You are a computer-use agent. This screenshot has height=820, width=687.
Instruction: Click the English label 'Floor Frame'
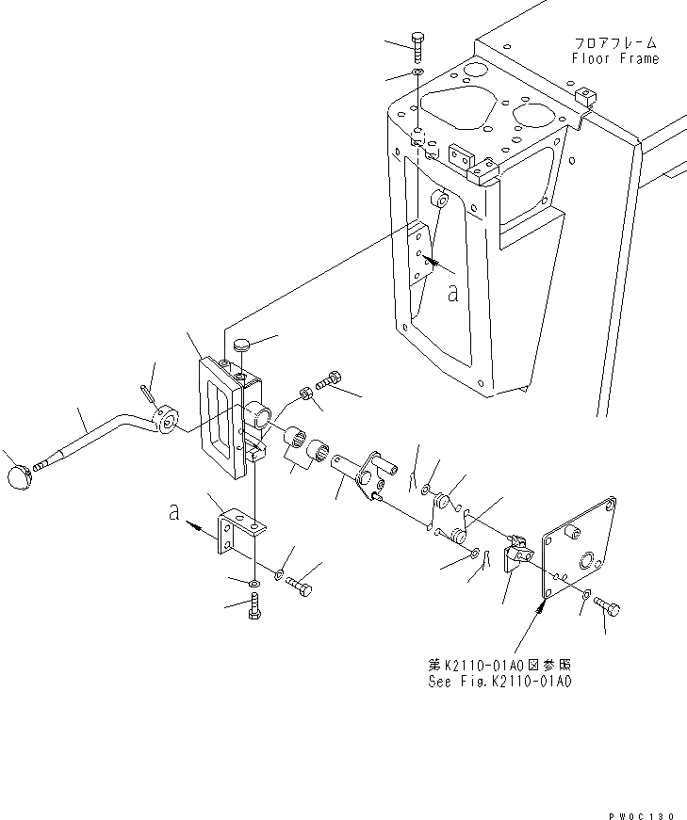(614, 58)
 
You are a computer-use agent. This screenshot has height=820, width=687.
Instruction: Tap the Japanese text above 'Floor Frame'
(614, 43)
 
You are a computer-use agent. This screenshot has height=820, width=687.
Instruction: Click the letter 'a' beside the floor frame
(452, 294)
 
